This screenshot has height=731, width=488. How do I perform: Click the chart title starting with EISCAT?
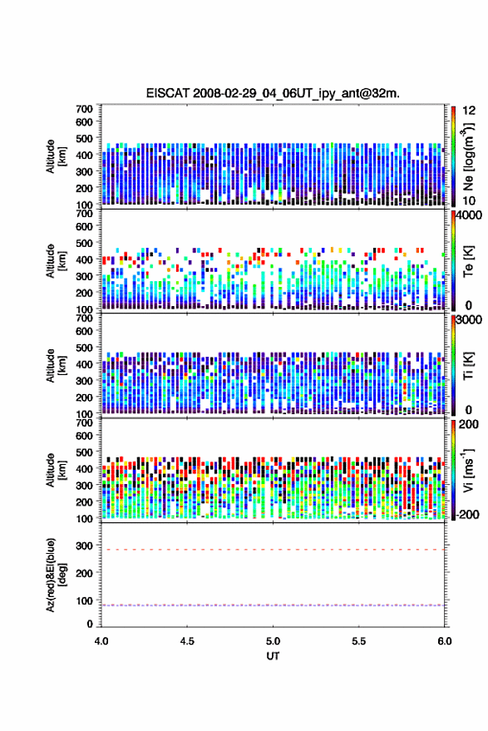pyautogui.click(x=273, y=93)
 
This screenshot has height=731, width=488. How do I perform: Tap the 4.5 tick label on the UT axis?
pyautogui.click(x=187, y=641)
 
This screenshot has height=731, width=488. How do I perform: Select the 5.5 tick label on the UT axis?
pyautogui.click(x=359, y=641)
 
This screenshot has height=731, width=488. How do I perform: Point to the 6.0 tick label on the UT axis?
pyautogui.click(x=445, y=641)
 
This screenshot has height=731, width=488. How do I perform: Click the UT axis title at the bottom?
pyautogui.click(x=273, y=656)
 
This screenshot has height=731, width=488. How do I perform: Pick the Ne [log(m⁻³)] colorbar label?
pyautogui.click(x=469, y=156)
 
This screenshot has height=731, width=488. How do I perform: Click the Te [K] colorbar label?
pyautogui.click(x=468, y=261)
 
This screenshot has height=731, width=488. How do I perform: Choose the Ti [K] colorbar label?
pyautogui.click(x=468, y=366)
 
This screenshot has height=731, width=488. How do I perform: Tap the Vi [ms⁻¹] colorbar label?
pyautogui.click(x=468, y=470)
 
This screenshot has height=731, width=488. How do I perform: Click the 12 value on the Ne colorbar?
pyautogui.click(x=469, y=111)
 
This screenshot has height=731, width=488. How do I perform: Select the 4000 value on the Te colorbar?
pyautogui.click(x=469, y=215)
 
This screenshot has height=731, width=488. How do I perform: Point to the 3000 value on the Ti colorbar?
pyautogui.click(x=469, y=320)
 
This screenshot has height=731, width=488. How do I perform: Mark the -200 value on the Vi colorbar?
pyautogui.click(x=467, y=515)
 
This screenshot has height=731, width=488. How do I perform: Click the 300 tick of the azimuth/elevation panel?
pyautogui.click(x=84, y=546)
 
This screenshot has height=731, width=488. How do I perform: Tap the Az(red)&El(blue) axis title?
pyautogui.click(x=56, y=575)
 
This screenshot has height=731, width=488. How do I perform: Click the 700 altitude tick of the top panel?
pyautogui.click(x=84, y=109)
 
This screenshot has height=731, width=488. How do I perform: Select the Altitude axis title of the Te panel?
pyautogui.click(x=56, y=261)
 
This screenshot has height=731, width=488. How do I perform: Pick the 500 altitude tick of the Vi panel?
pyautogui.click(x=84, y=452)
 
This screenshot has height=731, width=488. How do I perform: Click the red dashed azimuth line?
pyautogui.click(x=273, y=550)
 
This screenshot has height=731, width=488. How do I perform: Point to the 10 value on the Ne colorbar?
pyautogui.click(x=469, y=200)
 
